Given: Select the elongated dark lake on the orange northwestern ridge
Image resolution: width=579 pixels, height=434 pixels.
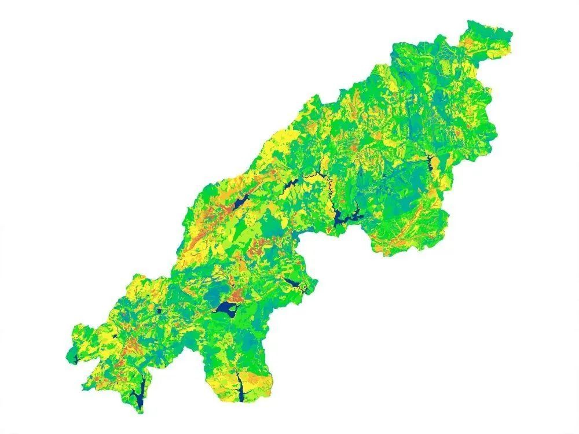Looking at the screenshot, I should pyautogui.click(x=239, y=204).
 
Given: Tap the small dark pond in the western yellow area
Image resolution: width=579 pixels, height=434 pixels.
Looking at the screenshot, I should pyautogui.click(x=115, y=336).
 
